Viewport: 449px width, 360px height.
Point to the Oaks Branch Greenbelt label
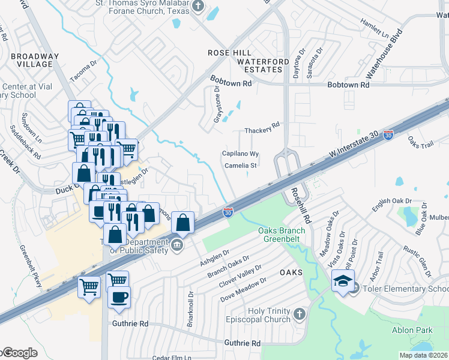(x=282, y=235)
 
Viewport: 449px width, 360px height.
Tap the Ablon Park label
(x=412, y=330)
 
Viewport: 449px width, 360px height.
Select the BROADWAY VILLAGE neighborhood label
(x=35, y=61)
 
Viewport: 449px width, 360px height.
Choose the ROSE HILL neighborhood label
(x=228, y=53)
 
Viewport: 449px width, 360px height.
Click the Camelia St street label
(x=241, y=165)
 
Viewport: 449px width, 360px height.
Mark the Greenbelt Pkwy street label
(x=31, y=266)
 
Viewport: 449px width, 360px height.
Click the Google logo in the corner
(x=19, y=353)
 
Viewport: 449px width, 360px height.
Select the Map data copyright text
(x=423, y=355)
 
